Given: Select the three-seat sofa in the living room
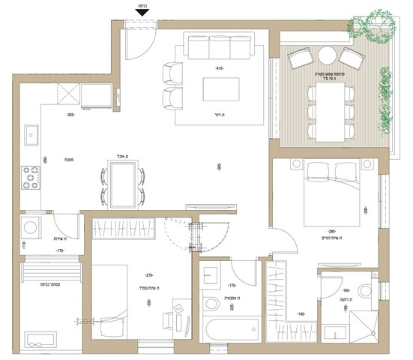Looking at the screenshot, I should click(220, 49).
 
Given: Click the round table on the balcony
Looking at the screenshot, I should click(328, 55).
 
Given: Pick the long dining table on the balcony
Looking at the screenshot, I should click(331, 111).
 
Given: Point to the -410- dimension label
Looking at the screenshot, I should click(220, 68).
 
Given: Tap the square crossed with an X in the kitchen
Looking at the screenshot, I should click(67, 95).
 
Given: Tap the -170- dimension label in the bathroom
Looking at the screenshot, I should click(233, 286).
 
